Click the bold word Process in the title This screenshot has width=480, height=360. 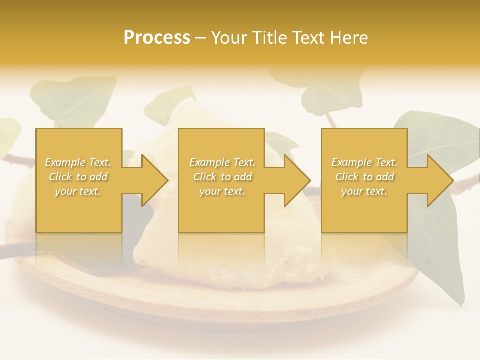click(157, 37)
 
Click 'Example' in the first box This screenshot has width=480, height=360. click(65, 162)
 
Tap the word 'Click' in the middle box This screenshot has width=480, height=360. click(205, 177)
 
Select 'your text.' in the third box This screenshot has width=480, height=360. click(364, 191)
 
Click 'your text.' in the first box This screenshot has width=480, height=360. click(78, 191)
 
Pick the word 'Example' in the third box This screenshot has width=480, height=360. click(351, 162)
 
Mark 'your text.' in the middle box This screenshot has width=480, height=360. click(222, 191)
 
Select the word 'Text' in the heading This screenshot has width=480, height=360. click(309, 37)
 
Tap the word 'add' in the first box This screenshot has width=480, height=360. click(98, 177)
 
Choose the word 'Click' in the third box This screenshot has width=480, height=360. click(347, 177)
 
